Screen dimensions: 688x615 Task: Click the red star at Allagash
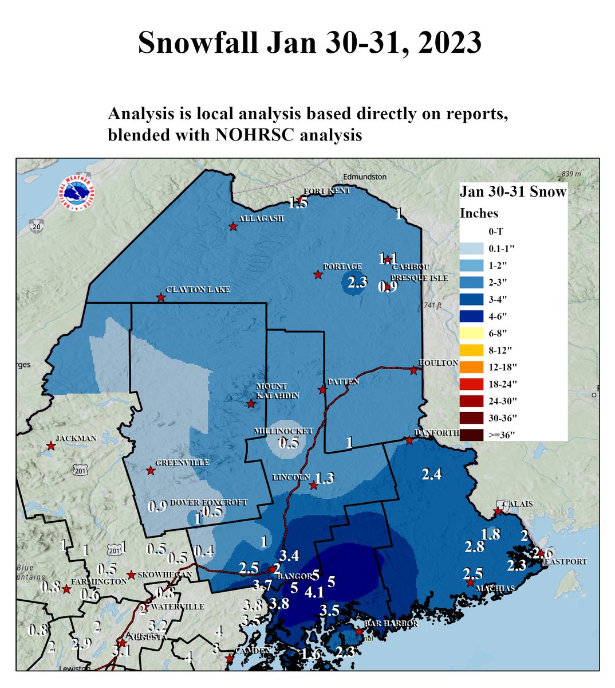pos(233,226)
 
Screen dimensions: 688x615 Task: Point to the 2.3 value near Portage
pos(357,282)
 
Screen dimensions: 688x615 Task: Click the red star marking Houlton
pos(413,370)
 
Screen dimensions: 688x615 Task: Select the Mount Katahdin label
pos(271,391)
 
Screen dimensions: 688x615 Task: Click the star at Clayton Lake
pos(161,298)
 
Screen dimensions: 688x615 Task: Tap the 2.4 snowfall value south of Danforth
pos(431,474)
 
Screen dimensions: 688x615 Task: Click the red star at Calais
pos(498,511)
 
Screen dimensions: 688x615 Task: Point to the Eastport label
pos(565,562)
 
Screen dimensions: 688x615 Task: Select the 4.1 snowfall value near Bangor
pos(314,592)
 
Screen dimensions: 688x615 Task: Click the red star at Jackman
pos(51,445)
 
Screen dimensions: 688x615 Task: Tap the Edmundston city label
pos(365,177)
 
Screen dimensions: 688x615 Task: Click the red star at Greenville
pos(150,471)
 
